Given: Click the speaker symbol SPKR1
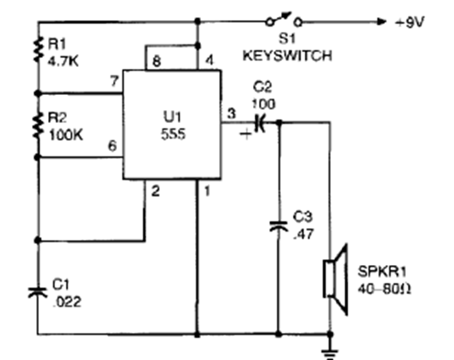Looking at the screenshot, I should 337,279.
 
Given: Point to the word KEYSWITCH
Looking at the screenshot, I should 287,57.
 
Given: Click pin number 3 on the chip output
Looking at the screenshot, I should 231,113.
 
